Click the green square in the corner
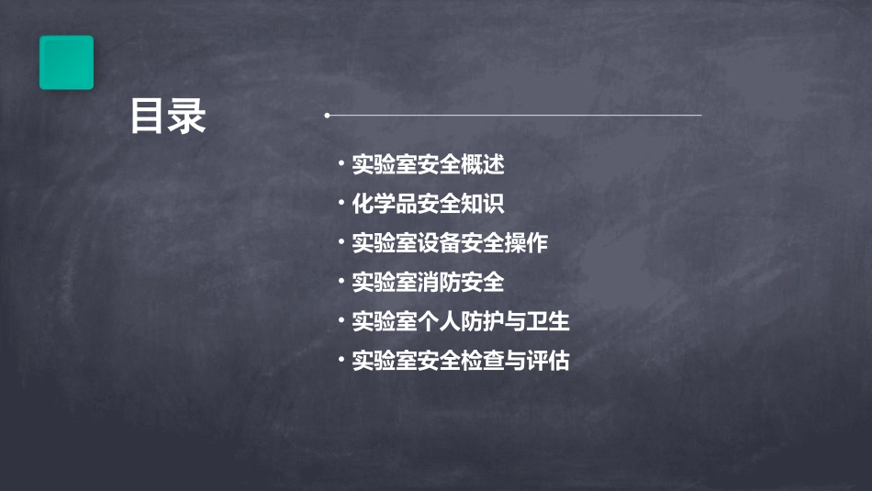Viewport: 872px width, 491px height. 66,62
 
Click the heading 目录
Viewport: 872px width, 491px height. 168,117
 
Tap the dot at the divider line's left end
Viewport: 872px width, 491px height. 327,116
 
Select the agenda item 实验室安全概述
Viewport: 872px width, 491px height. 428,165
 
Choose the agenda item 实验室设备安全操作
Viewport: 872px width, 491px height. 450,243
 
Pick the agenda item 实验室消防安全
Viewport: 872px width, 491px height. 428,282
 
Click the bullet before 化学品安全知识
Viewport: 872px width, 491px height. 341,203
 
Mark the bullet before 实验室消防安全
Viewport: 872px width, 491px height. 341,281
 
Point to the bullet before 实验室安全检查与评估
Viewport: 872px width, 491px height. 341,360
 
